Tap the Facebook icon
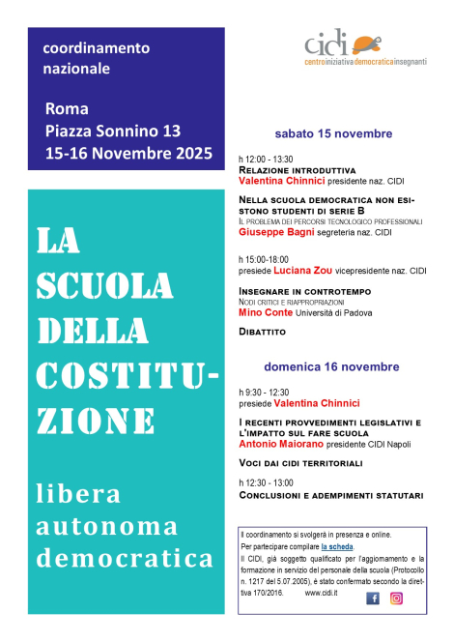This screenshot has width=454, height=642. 373,598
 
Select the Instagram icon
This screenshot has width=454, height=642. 396,598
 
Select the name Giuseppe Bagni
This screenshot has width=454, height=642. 276,233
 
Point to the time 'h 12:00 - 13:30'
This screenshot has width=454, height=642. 266,159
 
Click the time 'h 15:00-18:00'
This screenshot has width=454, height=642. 265,260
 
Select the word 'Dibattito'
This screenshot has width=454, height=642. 263,332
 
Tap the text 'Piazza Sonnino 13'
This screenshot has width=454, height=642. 111,130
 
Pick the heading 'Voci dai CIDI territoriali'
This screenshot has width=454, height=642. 300,464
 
